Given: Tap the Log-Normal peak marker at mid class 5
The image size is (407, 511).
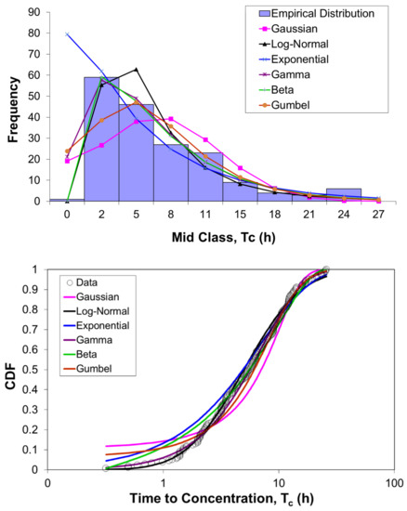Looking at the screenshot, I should point(136,70).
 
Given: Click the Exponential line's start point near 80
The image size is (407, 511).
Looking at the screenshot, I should point(67,33).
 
